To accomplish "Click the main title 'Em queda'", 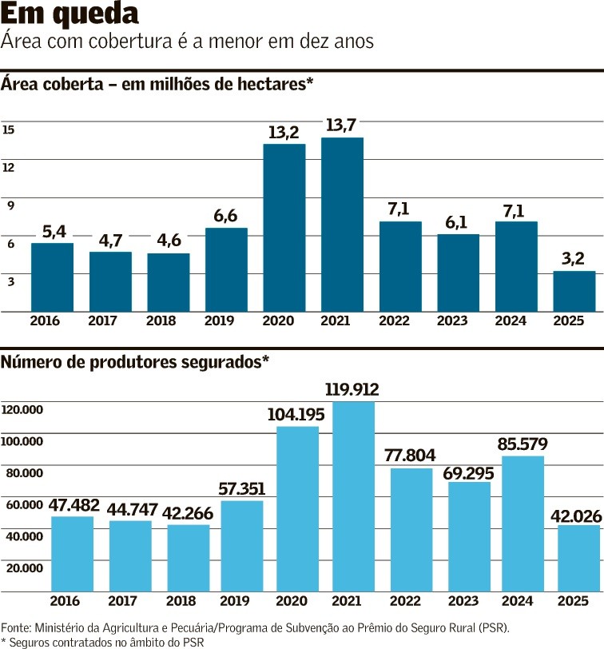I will click(70, 14).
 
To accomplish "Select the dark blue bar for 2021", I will click(342, 225).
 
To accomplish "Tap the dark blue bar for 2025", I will click(574, 291).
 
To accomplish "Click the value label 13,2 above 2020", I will click(284, 132).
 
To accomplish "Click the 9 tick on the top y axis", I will click(10, 205).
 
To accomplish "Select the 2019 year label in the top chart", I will click(226, 321).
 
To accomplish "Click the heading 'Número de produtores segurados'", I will click(135, 362).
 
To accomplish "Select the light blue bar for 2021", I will click(352, 496).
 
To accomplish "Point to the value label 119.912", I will click(352, 390).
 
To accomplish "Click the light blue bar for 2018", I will click(189, 558).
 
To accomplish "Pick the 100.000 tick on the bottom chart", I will click(22, 441).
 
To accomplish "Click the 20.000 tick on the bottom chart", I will click(22, 567).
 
